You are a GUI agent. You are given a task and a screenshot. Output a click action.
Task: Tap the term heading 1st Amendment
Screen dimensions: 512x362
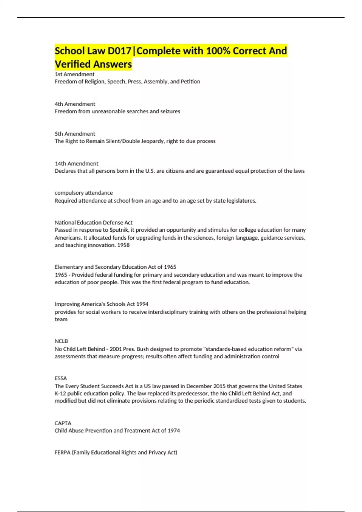pyautogui.click(x=75, y=74)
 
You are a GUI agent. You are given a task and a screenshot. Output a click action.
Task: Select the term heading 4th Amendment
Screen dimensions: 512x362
pyautogui.click(x=75, y=104)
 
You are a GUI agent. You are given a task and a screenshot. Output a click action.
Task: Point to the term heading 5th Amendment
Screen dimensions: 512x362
pyautogui.click(x=75, y=134)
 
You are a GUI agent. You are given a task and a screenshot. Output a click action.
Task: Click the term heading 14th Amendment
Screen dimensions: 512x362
pyautogui.click(x=76, y=164)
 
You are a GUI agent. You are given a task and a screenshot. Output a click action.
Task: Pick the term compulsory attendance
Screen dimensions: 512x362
pyautogui.click(x=84, y=193)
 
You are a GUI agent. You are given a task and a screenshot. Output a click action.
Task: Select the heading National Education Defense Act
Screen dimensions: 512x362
pyautogui.click(x=94, y=223)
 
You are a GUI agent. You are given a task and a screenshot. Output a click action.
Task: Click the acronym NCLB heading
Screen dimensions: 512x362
pyautogui.click(x=61, y=341)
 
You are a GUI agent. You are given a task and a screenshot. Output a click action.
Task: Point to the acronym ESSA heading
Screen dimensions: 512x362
pyautogui.click(x=61, y=378)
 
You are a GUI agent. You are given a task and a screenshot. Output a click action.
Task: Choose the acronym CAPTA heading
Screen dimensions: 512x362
pyautogui.click(x=63, y=423)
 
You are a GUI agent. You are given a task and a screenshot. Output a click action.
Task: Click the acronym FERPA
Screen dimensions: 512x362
pyautogui.click(x=62, y=452)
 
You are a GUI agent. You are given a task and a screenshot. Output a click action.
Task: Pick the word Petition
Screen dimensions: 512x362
pyautogui.click(x=190, y=82)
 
